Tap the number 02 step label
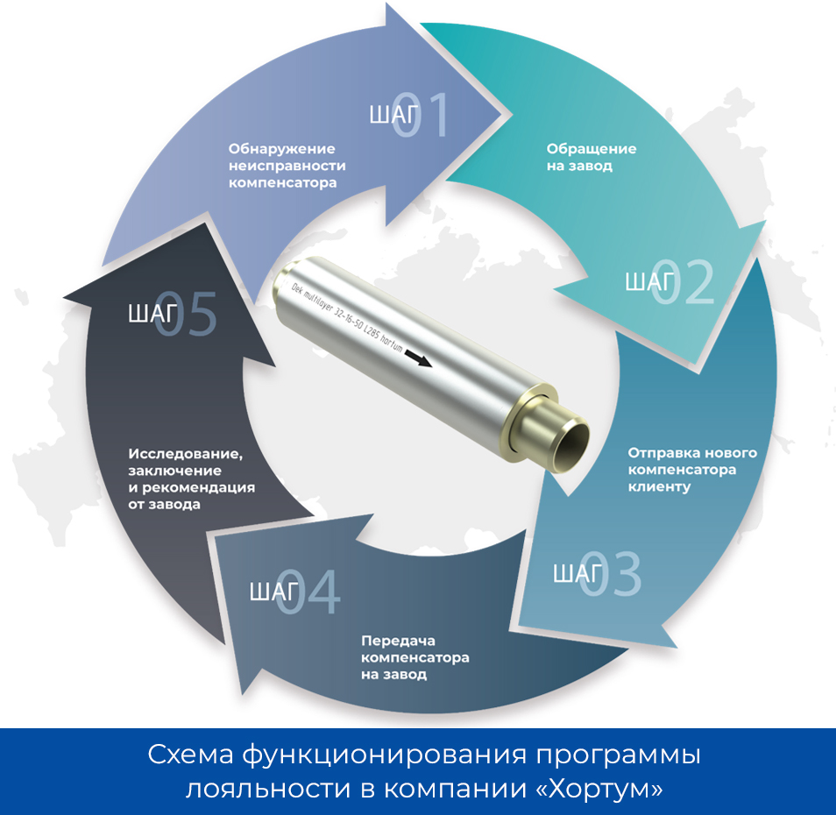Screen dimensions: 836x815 click(x=683, y=282)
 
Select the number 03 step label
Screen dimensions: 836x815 click(x=610, y=574)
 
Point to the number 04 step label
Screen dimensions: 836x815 click(x=308, y=592)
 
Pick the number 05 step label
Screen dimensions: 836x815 click(x=186, y=314)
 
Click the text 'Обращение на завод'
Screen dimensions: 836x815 click(x=592, y=157)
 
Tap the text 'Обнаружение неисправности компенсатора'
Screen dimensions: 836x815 click(x=287, y=166)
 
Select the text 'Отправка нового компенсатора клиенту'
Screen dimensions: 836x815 click(x=692, y=470)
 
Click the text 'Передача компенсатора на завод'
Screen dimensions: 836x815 click(x=414, y=657)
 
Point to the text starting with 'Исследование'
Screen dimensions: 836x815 click(x=191, y=478)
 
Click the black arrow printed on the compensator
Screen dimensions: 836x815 click(x=419, y=358)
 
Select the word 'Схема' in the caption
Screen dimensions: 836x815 click(x=191, y=755)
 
